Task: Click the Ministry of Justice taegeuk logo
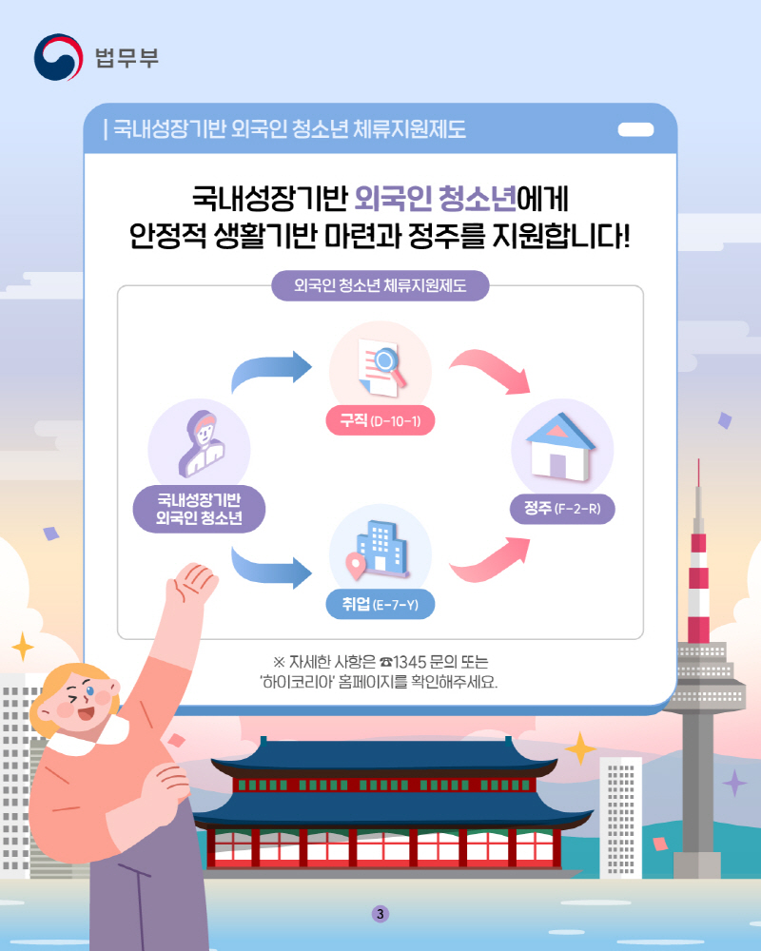tap(58, 57)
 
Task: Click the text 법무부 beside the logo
tap(127, 58)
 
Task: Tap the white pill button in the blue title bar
tap(635, 129)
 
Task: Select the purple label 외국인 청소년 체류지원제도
tap(380, 285)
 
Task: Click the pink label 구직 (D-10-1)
tap(380, 420)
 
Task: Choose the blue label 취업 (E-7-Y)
tap(380, 604)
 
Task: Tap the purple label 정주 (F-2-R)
tap(562, 508)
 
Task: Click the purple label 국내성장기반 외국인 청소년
tap(199, 509)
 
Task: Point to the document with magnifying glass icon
tap(381, 367)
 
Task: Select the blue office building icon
tap(378, 550)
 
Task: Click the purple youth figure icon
tap(202, 444)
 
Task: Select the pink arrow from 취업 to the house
tap(490, 560)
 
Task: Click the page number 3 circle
tap(380, 914)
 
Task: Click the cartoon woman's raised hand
tap(193, 583)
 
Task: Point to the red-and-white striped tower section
tap(698, 589)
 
